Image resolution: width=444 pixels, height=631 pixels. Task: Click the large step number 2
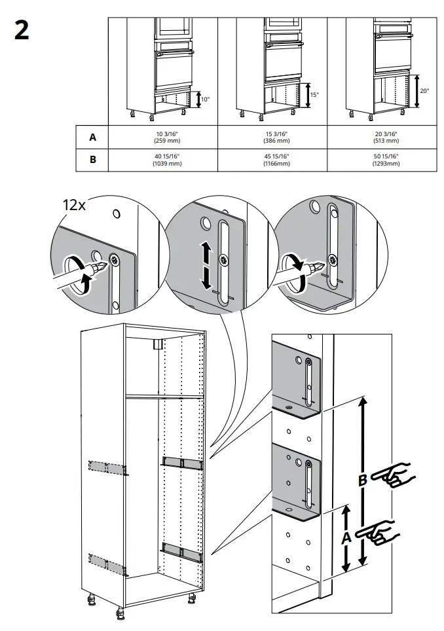point(22,30)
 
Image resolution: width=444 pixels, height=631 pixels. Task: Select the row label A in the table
point(92,137)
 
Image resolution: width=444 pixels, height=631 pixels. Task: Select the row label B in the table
point(92,160)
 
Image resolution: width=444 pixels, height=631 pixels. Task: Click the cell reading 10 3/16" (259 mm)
point(162,137)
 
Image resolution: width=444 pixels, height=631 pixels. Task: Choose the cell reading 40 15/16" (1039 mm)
point(162,160)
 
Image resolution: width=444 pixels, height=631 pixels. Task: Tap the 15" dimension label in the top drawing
point(314,95)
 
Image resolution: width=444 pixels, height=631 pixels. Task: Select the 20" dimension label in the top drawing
point(424,91)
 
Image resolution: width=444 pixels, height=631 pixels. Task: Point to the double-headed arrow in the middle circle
point(206,265)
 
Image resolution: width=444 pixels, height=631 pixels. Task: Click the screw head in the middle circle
point(225,260)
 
